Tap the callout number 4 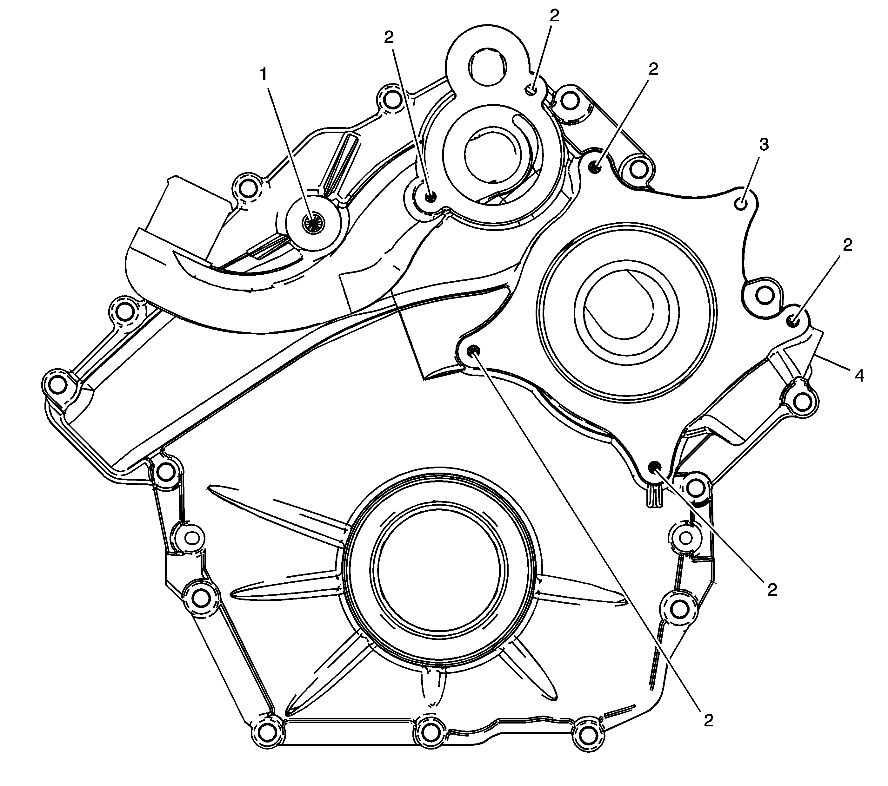tap(859, 376)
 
